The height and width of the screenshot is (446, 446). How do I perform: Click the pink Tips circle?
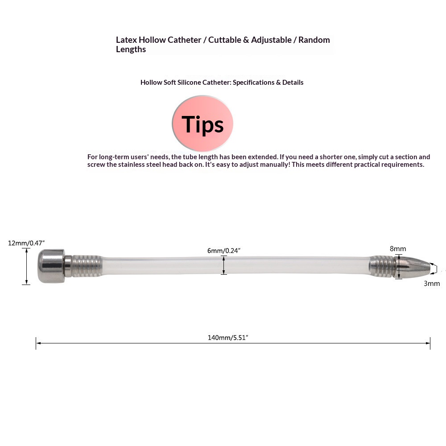pyautogui.click(x=202, y=123)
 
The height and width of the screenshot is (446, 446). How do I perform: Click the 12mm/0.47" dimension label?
pyautogui.click(x=26, y=243)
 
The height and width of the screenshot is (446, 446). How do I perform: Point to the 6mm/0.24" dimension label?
pyautogui.click(x=224, y=251)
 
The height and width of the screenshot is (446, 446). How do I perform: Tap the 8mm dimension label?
pyautogui.click(x=398, y=248)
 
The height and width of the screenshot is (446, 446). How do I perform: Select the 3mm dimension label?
pyautogui.click(x=432, y=283)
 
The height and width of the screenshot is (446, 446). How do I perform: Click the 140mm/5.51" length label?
pyautogui.click(x=227, y=338)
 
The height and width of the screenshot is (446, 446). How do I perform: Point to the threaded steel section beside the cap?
pyautogui.click(x=87, y=266)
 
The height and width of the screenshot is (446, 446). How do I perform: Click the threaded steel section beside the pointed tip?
pyautogui.click(x=383, y=266)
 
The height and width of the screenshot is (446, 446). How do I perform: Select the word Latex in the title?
pyautogui.click(x=126, y=40)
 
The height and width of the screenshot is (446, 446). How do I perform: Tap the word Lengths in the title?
pyautogui.click(x=131, y=50)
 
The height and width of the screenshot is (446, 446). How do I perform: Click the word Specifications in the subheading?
pyautogui.click(x=253, y=83)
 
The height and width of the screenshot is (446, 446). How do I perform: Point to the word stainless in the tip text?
pyautogui.click(x=121, y=165)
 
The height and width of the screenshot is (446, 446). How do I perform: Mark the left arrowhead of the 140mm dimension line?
pyautogui.click(x=38, y=343)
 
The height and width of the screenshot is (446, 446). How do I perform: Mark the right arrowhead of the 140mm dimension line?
pyautogui.click(x=428, y=343)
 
